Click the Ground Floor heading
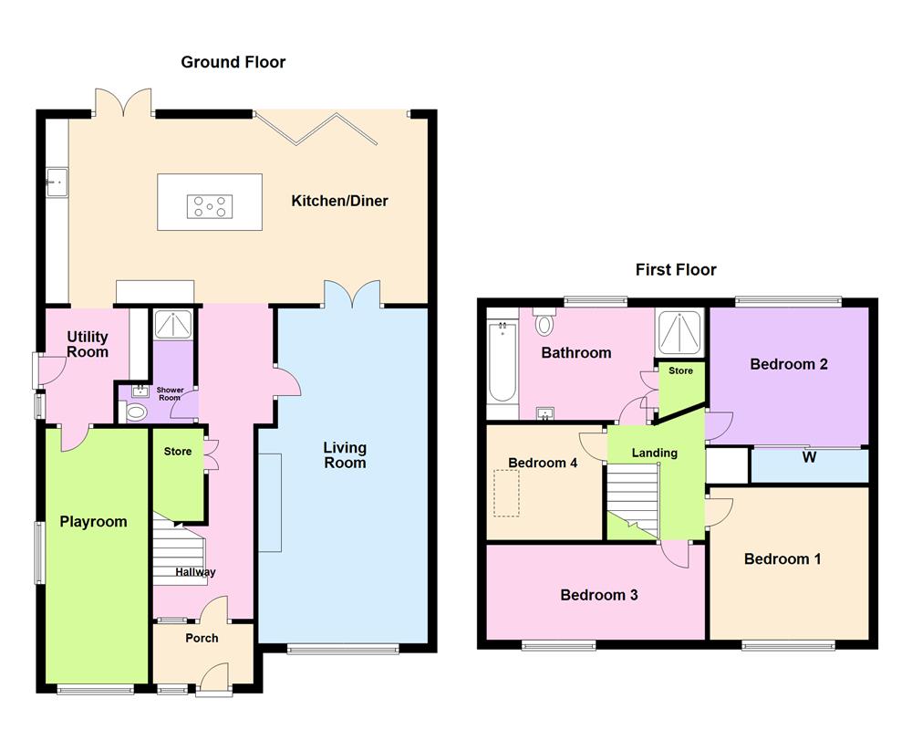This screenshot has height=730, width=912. coord(233,62)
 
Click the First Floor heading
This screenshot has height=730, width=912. coord(676,269)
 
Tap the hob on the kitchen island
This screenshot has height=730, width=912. coord(210,207)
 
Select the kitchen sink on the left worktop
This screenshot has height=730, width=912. coord(56,182)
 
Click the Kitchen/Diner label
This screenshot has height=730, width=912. coord(339,201)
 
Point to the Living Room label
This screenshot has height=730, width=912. coord(345,454)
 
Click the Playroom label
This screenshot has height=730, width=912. coord(93,522)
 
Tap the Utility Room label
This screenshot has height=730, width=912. coord(88,345)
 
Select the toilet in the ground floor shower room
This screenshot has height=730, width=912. coord(134,412)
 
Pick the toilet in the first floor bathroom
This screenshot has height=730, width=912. coord(545,323)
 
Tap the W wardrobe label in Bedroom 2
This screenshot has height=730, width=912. coord(809,457)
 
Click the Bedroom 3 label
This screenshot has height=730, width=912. coord(598,595)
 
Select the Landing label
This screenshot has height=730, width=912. coord(655,453)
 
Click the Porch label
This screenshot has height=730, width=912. coord(202,638)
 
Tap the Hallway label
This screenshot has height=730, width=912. coord(196,572)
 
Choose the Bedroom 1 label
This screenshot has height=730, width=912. coord(782,558)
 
